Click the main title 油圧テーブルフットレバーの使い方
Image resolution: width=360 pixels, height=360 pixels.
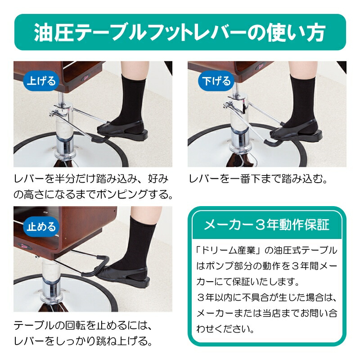[180, 34]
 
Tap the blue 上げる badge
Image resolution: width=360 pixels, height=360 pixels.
[41, 81]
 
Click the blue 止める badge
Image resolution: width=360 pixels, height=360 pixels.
[42, 226]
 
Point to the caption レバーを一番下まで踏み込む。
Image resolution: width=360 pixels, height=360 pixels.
[257, 179]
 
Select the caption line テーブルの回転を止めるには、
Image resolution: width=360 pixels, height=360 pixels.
[84, 325]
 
